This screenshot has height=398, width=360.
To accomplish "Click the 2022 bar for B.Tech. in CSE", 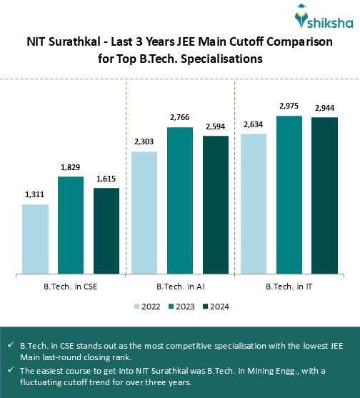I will (35, 239).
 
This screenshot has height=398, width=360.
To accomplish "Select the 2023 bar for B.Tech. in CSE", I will (71, 224).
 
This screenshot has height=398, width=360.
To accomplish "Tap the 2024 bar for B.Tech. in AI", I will (216, 204).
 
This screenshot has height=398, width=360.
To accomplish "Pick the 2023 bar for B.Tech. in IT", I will (289, 194).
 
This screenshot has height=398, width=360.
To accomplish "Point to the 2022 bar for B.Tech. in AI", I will (144, 212).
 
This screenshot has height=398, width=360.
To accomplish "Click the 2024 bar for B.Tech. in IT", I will (324, 195).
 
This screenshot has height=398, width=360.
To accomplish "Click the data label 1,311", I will (35, 194).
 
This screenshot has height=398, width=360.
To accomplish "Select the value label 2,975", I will (289, 106).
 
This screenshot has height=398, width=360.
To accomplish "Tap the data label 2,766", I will (180, 116).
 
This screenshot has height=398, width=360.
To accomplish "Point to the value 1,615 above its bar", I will (106, 178).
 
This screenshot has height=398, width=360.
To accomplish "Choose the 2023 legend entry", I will (179, 307).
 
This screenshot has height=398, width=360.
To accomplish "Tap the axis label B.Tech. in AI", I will (179, 287).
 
